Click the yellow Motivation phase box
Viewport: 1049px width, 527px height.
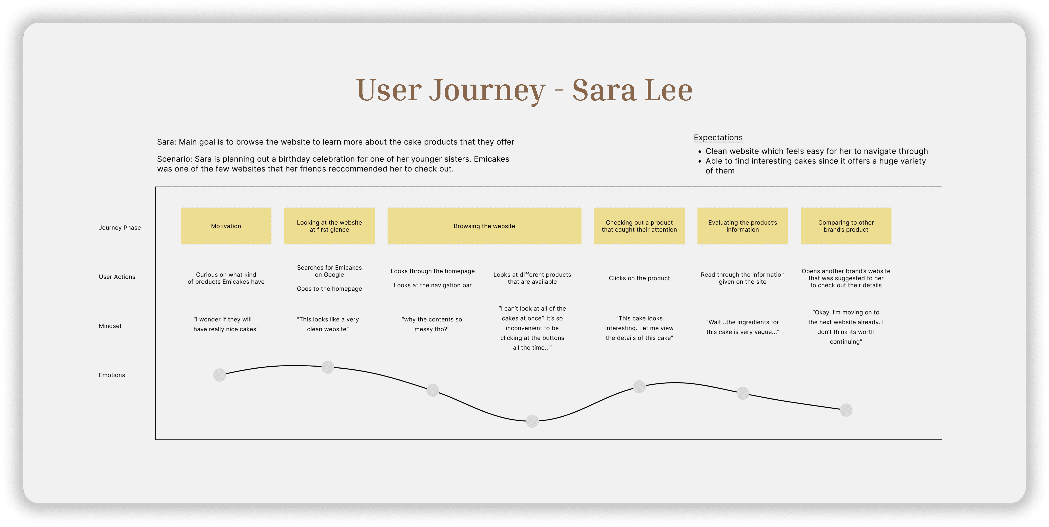[226, 226]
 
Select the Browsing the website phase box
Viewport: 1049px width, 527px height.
[484, 226]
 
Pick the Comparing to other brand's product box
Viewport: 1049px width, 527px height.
[846, 226]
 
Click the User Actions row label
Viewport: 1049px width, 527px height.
[117, 277]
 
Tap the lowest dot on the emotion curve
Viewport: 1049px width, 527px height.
[532, 421]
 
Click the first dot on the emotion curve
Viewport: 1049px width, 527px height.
[220, 375]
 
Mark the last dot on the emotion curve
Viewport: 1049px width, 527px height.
[846, 410]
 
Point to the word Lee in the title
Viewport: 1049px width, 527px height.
[669, 90]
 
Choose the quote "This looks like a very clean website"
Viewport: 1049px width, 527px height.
[328, 324]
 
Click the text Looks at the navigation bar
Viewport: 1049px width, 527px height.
[432, 285]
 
